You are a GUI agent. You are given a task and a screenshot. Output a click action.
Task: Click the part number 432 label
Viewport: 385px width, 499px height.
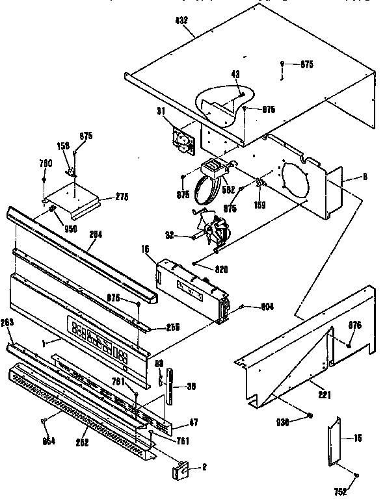tap(181, 20)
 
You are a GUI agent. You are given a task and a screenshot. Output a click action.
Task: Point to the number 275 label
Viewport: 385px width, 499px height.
tap(121, 197)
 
